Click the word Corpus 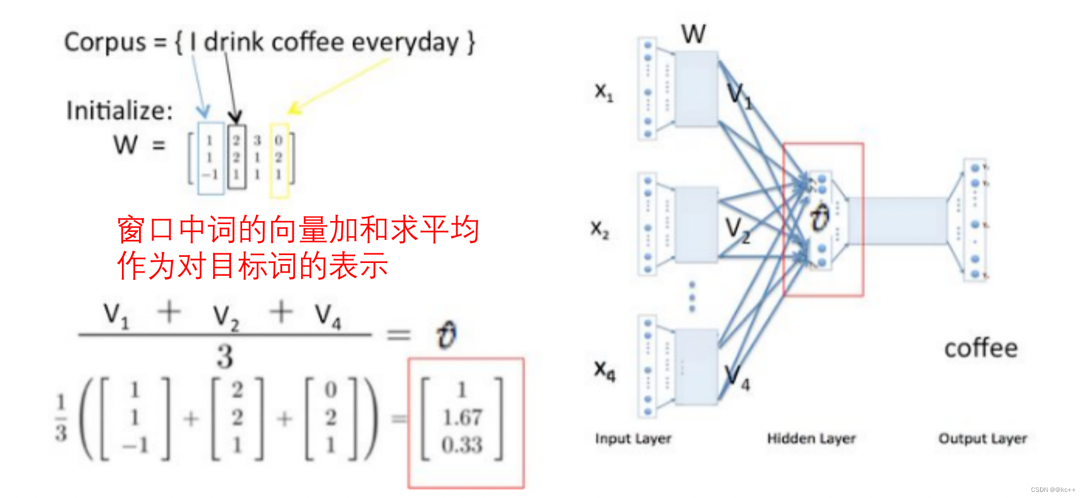105,43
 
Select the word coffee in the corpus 307,43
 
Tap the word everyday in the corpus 405,43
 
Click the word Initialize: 120,111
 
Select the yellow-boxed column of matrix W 279,159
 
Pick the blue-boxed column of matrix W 211,158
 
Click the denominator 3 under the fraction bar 225,356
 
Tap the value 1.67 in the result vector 462,417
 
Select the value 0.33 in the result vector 462,445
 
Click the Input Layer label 633,438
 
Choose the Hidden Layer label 811,438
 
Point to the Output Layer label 982,438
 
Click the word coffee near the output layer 981,348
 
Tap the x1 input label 604,92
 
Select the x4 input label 604,369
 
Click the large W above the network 693,34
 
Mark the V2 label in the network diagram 738,230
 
